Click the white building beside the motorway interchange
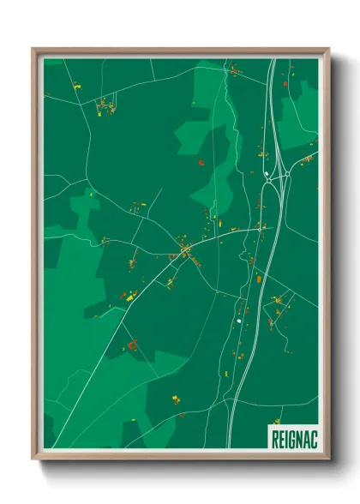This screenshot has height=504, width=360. (267, 174)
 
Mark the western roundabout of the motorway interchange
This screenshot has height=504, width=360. (267, 182)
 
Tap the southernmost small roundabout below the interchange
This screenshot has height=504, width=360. (238, 321)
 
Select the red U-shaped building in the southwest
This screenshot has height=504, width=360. (132, 345)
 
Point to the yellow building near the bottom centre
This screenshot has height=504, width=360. (177, 399)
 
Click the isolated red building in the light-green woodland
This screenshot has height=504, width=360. (201, 160)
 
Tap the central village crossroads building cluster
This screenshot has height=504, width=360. (183, 250)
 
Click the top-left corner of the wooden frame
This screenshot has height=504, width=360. (33, 48)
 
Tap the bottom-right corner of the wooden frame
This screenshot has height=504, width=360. (329, 459)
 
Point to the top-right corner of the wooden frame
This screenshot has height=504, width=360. (329, 48)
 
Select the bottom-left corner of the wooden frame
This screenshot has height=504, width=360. (33, 459)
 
